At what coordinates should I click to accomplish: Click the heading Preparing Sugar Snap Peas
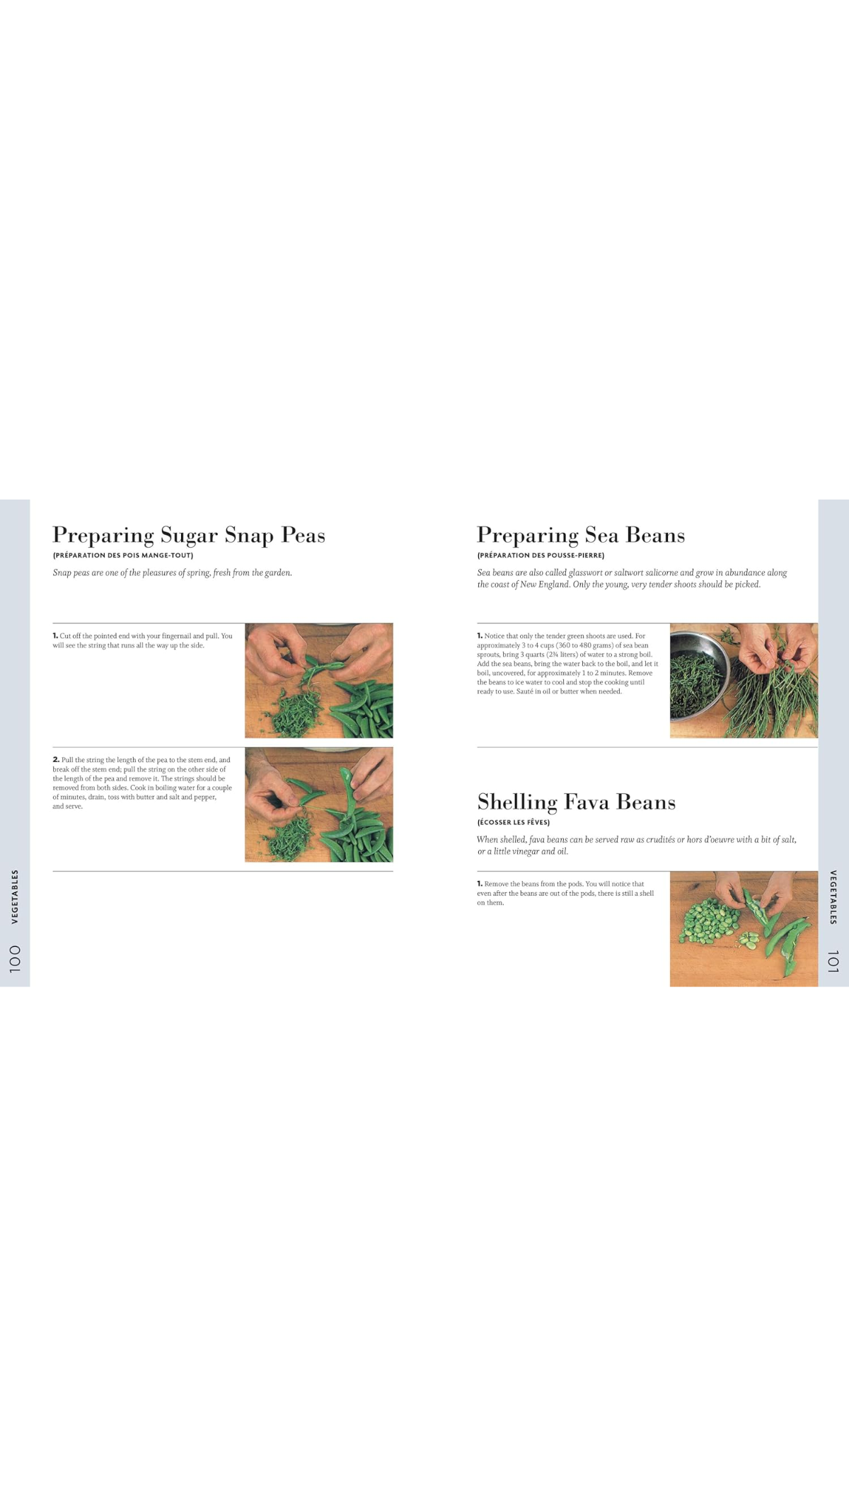pos(189,536)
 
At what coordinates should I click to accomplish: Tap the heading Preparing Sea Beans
pos(581,536)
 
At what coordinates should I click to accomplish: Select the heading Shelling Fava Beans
pos(576,802)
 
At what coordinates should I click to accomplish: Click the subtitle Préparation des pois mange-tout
pos(123,555)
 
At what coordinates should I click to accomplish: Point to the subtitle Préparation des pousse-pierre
pos(541,555)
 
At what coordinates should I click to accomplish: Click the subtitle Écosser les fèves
pos(514,822)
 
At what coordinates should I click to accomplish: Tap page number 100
pos(15,959)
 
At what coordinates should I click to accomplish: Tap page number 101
pos(833,962)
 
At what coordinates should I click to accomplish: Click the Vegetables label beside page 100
pos(15,897)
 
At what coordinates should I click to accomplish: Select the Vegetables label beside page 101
pos(833,897)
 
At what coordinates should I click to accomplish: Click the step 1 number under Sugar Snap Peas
pos(55,635)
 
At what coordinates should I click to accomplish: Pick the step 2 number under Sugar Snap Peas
pos(56,759)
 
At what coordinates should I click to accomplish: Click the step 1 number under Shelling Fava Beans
pos(480,883)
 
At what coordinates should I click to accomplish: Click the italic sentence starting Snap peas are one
pos(172,572)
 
